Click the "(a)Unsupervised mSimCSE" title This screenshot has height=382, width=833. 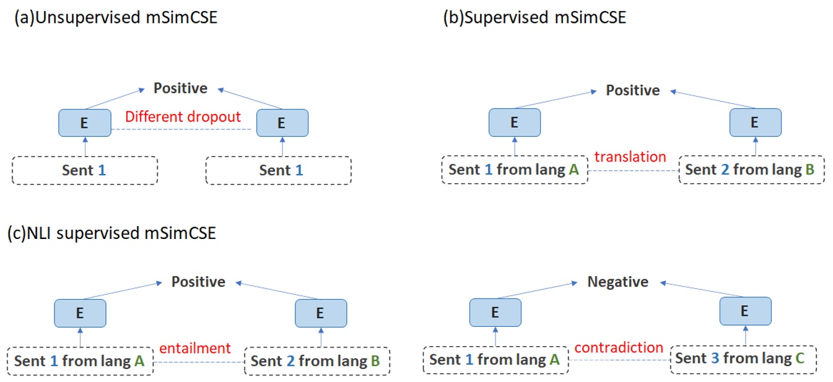click(116, 18)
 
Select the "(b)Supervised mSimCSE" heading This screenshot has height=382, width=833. click(534, 18)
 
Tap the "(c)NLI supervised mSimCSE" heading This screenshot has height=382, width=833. click(111, 233)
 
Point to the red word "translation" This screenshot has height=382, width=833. click(630, 157)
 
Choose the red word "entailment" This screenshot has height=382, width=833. click(195, 348)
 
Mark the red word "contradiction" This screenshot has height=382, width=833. click(619, 347)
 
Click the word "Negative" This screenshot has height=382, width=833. click(617, 282)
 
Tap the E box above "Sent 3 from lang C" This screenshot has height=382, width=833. click(745, 311)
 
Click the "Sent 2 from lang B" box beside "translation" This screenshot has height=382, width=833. click(751, 170)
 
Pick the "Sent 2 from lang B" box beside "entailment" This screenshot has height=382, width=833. click(317, 361)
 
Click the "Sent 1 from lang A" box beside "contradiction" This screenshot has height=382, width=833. click(495, 360)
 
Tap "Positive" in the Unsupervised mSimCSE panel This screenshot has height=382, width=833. click(180, 89)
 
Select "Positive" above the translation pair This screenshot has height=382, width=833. click(633, 90)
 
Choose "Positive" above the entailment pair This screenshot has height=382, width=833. click(198, 282)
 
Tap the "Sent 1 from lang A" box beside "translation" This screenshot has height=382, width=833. click(514, 170)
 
